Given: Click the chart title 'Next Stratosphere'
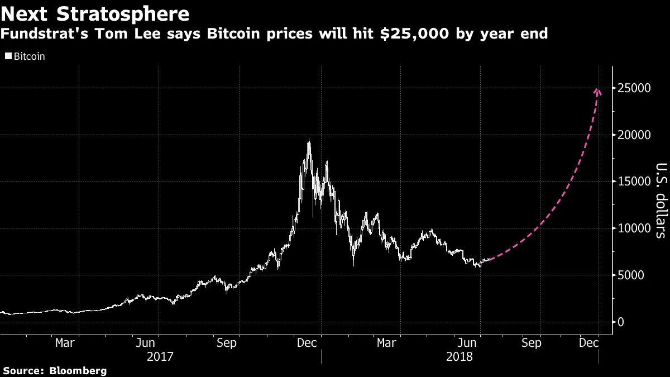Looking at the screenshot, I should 95,12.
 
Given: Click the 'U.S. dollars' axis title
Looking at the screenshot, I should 660,201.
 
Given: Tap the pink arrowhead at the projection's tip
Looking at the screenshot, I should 597,90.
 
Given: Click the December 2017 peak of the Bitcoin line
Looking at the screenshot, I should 309,140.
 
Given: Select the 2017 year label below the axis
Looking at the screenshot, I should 160,356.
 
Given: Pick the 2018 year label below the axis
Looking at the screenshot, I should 460,356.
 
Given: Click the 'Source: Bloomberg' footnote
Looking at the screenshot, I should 55,370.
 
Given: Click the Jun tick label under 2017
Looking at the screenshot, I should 146,342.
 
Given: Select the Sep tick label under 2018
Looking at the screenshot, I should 531,342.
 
